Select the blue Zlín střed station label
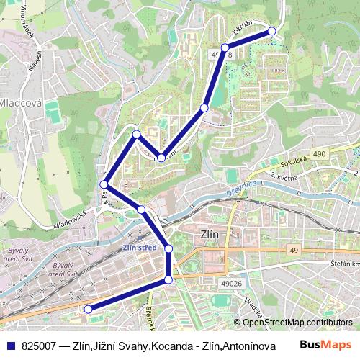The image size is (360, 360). click(140, 248)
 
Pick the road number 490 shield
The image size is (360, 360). click(339, 154)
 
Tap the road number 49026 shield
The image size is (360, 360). click(231, 284)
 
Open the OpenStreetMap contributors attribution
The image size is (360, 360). click(297, 323)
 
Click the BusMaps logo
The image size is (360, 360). click(326, 345)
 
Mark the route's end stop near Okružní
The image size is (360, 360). click(272, 30)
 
